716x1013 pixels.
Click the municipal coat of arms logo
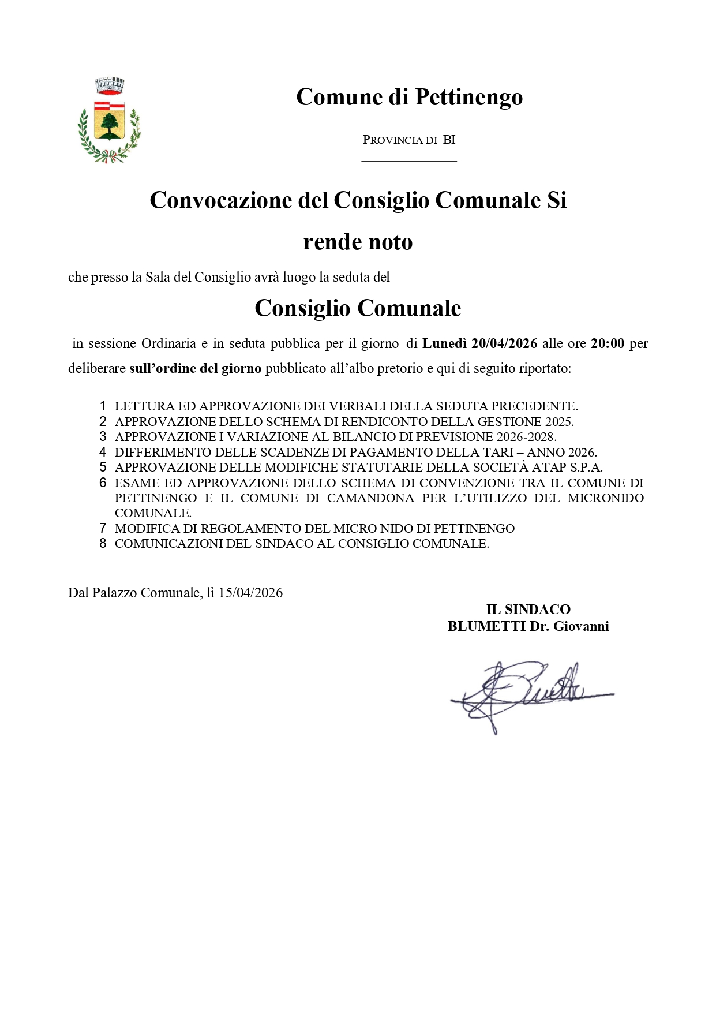tap(110, 121)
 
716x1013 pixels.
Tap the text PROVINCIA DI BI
tap(409, 140)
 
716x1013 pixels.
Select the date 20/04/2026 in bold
tap(504, 343)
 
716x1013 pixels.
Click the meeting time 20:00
tap(608, 343)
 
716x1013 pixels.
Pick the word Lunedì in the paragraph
tap(445, 343)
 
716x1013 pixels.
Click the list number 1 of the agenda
tap(103, 406)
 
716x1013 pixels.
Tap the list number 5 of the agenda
tap(103, 468)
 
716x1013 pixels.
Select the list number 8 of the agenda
tap(103, 544)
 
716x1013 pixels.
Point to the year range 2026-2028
tap(526, 437)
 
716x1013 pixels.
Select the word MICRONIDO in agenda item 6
tap(606, 498)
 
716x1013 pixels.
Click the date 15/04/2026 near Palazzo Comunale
tap(250, 593)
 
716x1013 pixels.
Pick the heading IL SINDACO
tap(528, 610)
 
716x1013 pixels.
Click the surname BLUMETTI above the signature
tap(486, 626)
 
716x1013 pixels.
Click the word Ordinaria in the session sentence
tap(169, 343)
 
